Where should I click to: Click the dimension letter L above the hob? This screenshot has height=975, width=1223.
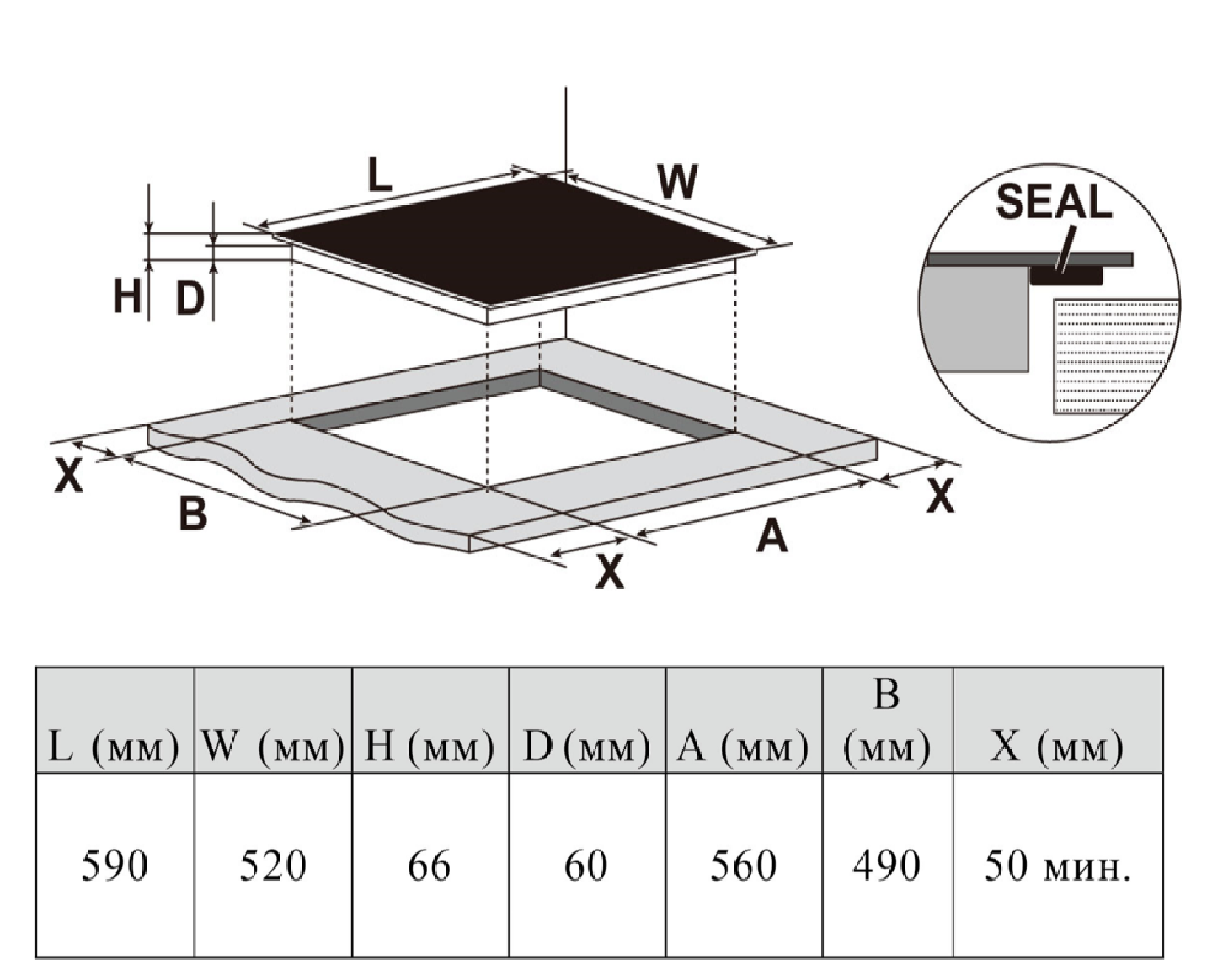pyautogui.click(x=380, y=175)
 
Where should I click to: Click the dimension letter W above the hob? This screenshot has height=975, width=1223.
pyautogui.click(x=677, y=181)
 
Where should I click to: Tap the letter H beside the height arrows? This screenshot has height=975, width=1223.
pyautogui.click(x=127, y=296)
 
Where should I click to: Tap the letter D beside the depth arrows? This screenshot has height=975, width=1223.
pyautogui.click(x=190, y=297)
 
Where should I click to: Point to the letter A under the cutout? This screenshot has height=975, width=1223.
pyautogui.click(x=772, y=536)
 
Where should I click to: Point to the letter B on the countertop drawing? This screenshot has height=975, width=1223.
pyautogui.click(x=193, y=513)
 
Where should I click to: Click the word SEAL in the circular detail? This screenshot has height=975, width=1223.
pyautogui.click(x=1054, y=202)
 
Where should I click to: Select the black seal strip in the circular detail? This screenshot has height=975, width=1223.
pyautogui.click(x=1065, y=276)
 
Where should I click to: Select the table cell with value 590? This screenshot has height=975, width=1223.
pyautogui.click(x=115, y=866)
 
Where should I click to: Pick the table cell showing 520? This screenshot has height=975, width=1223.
pyautogui.click(x=273, y=866)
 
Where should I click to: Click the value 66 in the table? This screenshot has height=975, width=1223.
pyautogui.click(x=430, y=866)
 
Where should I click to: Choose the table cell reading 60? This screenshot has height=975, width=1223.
pyautogui.click(x=586, y=866)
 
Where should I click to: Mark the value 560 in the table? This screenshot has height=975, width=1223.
pyautogui.click(x=743, y=866)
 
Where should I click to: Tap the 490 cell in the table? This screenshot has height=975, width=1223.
pyautogui.click(x=886, y=866)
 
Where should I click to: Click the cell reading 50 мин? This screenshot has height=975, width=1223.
pyautogui.click(x=1057, y=866)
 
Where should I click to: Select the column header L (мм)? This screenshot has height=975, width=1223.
pyautogui.click(x=115, y=746)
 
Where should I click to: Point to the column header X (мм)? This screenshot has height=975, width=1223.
pyautogui.click(x=1057, y=746)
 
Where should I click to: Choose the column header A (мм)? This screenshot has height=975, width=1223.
pyautogui.click(x=743, y=746)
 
